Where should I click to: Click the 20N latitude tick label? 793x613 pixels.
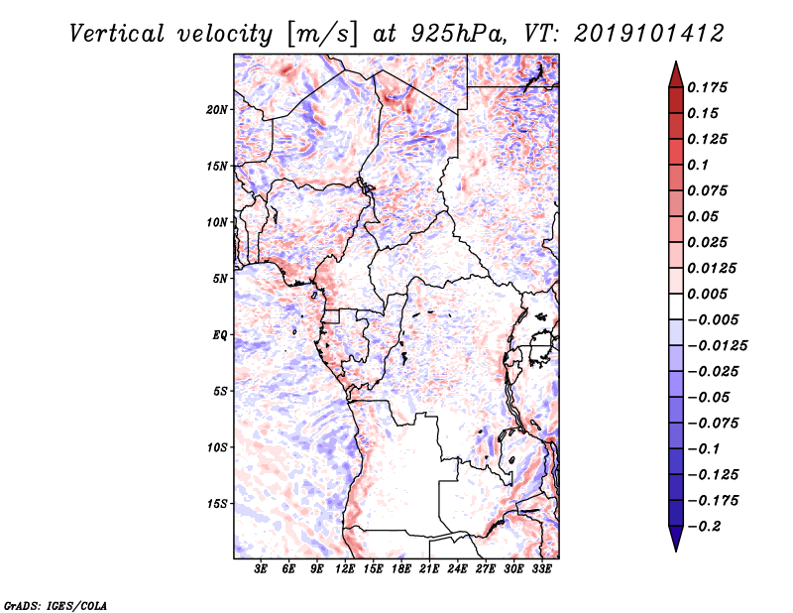[x=217, y=110]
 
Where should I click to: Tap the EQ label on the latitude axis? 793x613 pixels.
[x=220, y=335]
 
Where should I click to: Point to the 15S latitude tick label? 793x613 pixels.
[x=217, y=504]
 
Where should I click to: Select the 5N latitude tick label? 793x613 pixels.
[x=220, y=279]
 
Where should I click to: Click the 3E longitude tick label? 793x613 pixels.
[x=261, y=569]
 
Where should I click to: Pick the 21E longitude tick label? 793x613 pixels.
[x=429, y=569]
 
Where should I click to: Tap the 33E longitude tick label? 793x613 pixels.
[x=541, y=569]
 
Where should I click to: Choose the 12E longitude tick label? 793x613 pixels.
[x=345, y=569]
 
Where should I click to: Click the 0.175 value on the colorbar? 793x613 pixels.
[x=707, y=87]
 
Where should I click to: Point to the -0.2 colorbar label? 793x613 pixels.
[x=704, y=527]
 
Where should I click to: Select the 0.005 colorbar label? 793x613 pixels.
[x=707, y=294]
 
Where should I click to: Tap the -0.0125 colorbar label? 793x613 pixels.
[x=717, y=346]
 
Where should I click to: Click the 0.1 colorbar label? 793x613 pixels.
[x=698, y=165]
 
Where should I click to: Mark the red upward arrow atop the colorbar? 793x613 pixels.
[x=676, y=74]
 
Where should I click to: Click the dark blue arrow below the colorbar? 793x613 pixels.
[x=676, y=539]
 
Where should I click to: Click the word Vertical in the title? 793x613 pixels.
[x=117, y=34]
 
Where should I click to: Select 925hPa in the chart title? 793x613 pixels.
[x=458, y=34]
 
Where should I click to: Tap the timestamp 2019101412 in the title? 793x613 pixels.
[x=649, y=34]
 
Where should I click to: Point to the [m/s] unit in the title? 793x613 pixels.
[x=322, y=35]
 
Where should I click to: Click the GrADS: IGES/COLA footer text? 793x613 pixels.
[x=56, y=606]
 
